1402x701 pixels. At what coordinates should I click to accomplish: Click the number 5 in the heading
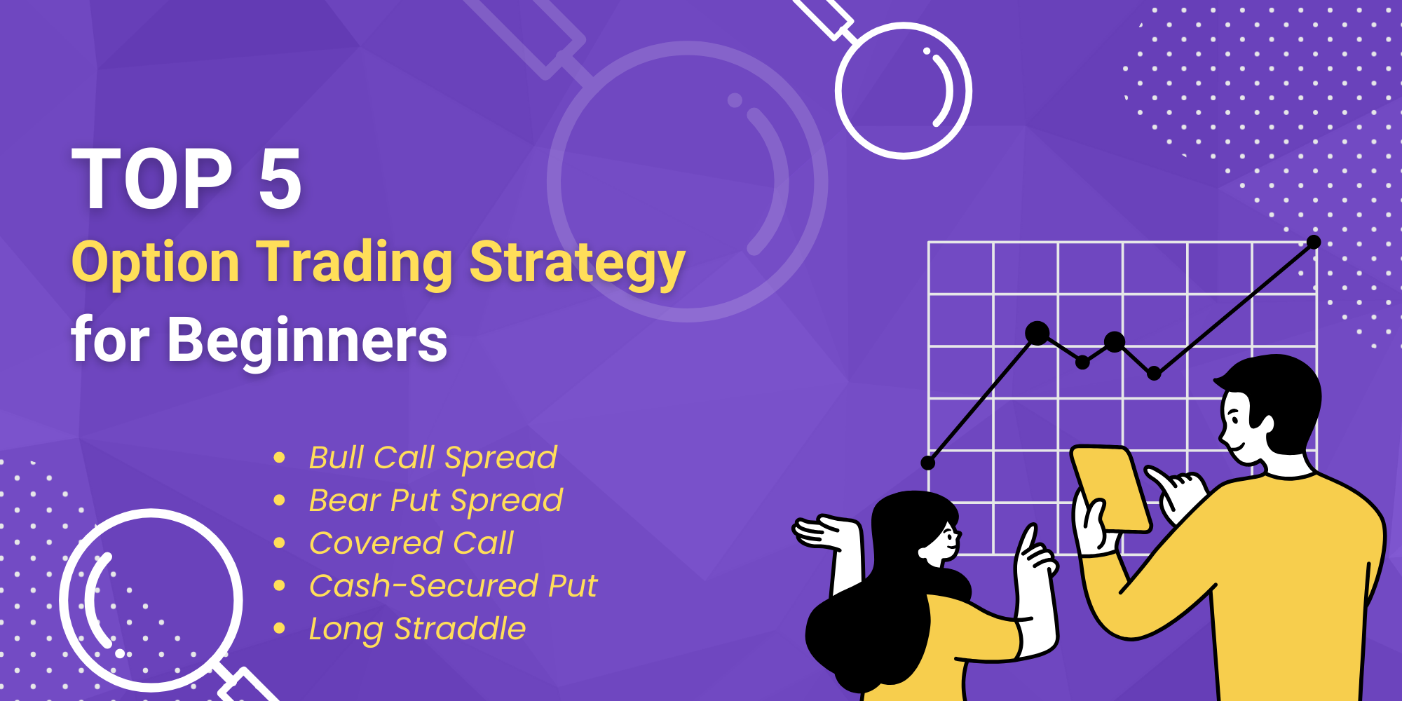point(280,179)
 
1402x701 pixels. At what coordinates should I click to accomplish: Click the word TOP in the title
point(152,179)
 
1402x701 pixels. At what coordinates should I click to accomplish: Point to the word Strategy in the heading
point(577,264)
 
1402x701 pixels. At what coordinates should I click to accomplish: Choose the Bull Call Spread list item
point(433,458)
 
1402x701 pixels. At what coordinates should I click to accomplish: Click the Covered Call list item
point(411,543)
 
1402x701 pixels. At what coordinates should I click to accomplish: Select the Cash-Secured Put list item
point(453,586)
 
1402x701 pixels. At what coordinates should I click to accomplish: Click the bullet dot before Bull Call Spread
point(279,458)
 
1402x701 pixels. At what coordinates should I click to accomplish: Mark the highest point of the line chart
point(1314,242)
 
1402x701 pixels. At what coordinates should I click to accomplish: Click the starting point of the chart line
point(928,463)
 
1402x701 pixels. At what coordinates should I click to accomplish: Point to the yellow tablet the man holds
point(1111,489)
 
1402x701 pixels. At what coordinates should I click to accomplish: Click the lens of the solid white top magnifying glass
point(903,91)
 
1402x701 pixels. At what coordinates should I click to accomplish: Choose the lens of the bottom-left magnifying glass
point(151,600)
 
